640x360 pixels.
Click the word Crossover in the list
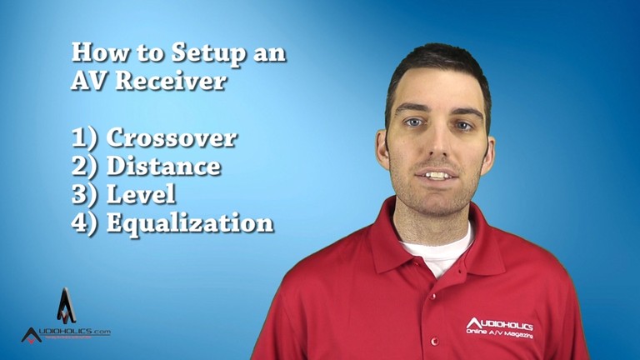pos(171,137)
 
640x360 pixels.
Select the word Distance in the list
pos(163,166)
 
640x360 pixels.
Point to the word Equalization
pos(190,223)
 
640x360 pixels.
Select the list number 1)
pos(86,138)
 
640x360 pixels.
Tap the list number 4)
pos(87,223)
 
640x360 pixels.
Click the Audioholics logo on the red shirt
pos(499,326)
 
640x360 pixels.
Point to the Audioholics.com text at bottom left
pos(66,332)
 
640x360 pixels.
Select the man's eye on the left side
pos(412,122)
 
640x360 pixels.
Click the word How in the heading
pos(94,52)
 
